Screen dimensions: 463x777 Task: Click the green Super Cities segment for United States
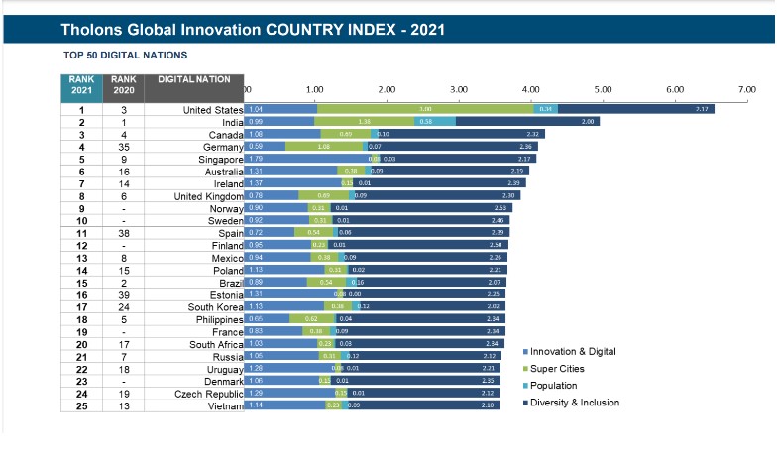423,108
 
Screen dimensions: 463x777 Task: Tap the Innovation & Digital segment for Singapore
306,158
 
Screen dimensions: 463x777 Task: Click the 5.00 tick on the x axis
603,89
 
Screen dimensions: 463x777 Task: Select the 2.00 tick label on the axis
387,89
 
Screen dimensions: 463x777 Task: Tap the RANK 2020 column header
123,85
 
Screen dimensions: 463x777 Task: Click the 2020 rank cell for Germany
123,146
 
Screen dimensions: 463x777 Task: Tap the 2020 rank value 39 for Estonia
123,295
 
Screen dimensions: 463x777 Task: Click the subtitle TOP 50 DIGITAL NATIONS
125,55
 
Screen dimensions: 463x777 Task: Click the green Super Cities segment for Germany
325,146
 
